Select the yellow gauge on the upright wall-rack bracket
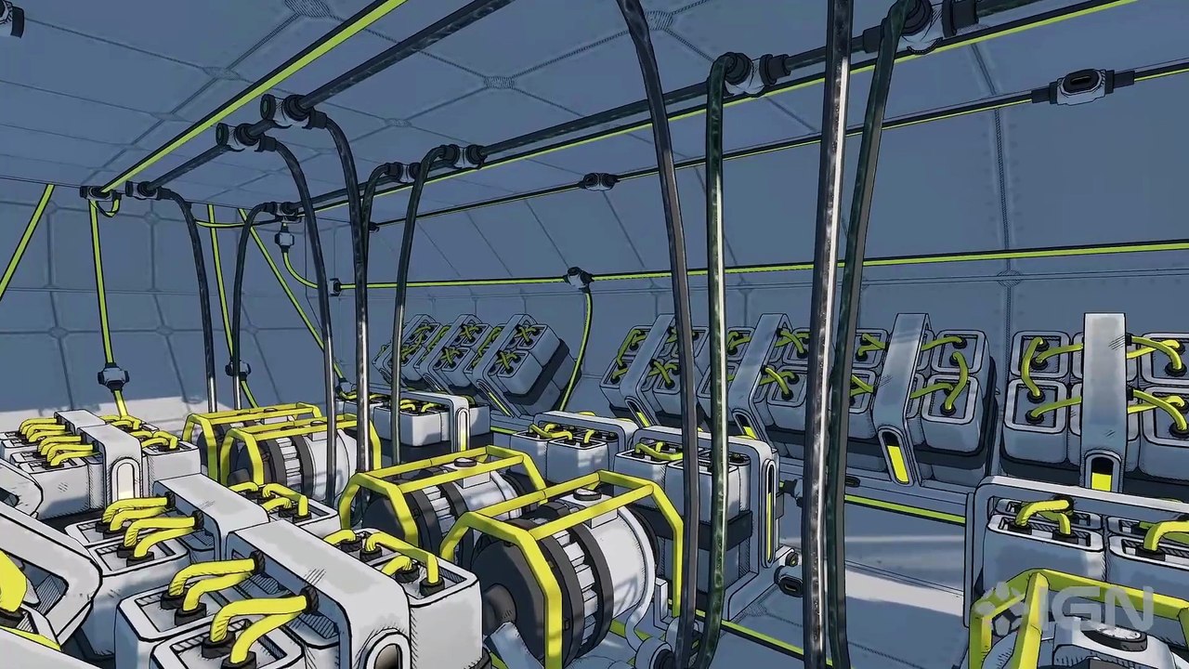1102,473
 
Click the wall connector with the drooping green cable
579,277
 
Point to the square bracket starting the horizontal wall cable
335,287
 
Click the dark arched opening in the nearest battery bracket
391,656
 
